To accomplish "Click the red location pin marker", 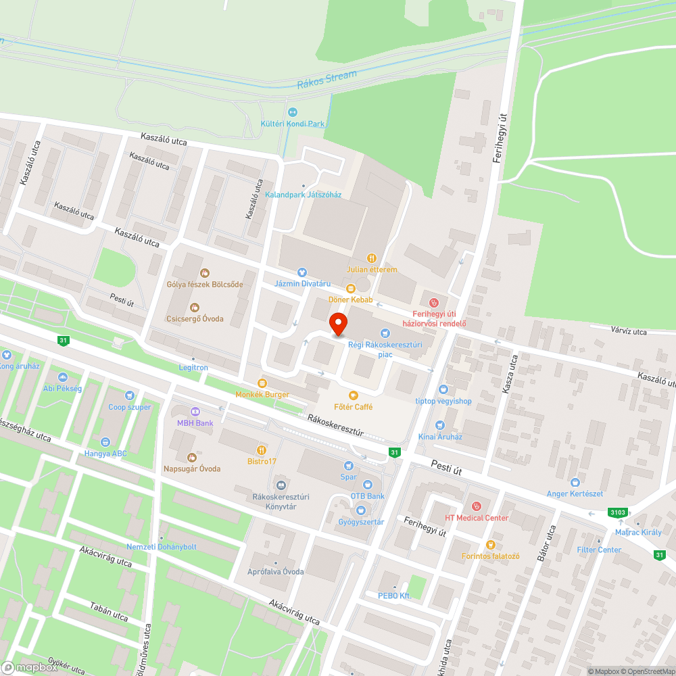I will [338, 323].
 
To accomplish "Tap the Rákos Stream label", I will [327, 79].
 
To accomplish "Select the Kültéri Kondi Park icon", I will [293, 112].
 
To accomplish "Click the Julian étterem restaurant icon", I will [371, 258].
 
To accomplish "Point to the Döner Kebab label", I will [351, 299].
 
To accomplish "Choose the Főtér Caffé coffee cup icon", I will [352, 395].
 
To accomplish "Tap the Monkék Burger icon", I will [262, 383].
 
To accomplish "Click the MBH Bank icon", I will [195, 411].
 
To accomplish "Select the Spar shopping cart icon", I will [348, 465].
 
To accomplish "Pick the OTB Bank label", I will [367, 496].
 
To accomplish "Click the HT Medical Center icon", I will [476, 506].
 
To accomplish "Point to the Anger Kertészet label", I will [575, 493].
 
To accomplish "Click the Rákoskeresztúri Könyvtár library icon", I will [281, 484].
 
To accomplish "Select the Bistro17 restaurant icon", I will [261, 450].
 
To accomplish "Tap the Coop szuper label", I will [130, 407].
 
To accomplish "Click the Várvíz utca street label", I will [628, 331].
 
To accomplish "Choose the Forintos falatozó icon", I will [491, 544].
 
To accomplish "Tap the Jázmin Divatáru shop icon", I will [302, 271].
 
